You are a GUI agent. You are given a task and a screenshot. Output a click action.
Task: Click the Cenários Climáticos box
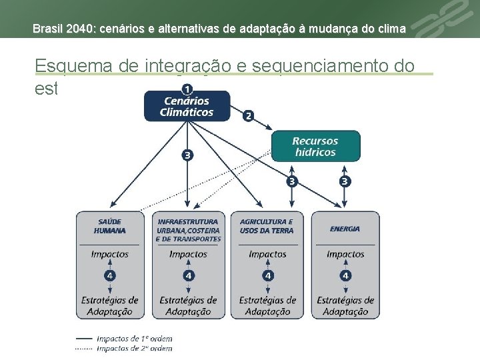(187, 106)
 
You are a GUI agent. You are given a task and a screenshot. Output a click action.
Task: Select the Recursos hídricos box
(315, 146)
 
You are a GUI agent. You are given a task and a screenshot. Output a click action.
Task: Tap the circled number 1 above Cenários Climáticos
(187, 89)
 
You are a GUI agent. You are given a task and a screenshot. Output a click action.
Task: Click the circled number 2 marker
(249, 115)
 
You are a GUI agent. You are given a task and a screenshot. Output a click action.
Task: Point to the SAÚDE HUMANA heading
(110, 226)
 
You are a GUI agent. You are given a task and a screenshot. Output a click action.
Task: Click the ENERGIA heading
(345, 229)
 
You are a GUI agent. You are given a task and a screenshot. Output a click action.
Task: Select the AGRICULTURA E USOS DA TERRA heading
(267, 226)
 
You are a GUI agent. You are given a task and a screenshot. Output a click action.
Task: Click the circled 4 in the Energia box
(345, 275)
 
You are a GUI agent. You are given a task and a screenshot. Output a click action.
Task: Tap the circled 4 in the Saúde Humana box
(110, 275)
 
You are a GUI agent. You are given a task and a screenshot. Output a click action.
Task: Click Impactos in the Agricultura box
(267, 254)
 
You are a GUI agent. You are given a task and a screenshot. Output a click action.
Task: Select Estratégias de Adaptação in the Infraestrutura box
(188, 305)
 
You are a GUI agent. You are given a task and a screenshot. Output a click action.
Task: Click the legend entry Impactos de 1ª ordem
(134, 339)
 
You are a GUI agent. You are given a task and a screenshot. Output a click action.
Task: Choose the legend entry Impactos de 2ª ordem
(134, 348)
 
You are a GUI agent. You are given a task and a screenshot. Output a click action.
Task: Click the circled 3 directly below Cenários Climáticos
(187, 155)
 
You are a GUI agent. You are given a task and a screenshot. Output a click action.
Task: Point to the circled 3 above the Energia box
(345, 181)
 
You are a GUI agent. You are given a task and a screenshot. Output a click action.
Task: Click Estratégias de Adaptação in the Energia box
(345, 305)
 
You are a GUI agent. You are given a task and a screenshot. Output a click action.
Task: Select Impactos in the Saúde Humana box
(110, 254)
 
